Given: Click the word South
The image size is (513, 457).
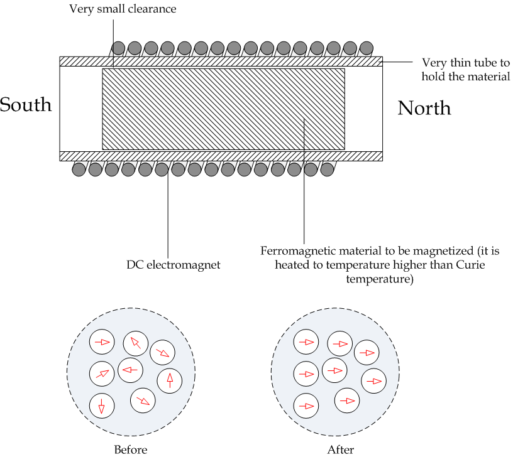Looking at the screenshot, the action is point(26,105).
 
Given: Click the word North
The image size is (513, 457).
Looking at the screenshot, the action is point(424,108).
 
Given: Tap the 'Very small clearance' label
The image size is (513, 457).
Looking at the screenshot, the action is point(123,9).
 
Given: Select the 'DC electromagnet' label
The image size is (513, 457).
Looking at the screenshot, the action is point(174,265).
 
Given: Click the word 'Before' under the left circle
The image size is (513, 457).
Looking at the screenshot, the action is point(131,449).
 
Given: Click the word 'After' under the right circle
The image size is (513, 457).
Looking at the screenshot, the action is point(341,449).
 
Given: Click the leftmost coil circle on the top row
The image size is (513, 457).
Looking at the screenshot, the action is point(118,48).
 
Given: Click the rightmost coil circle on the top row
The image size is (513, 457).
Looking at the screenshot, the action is point(367,48).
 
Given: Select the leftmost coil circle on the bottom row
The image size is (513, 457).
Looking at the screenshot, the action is point(79,169).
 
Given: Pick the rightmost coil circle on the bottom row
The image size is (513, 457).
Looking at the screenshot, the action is point(327,169).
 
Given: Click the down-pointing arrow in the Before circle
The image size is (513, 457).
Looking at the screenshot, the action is point(101,406).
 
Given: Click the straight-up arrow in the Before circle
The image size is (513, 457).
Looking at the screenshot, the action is point(170,380).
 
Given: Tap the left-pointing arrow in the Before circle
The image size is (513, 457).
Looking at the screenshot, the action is point(130,370).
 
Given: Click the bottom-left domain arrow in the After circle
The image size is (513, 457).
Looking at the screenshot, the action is point(306,406).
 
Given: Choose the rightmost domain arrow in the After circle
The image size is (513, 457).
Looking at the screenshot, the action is point(374,381).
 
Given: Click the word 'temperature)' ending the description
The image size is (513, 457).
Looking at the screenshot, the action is point(380,279).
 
